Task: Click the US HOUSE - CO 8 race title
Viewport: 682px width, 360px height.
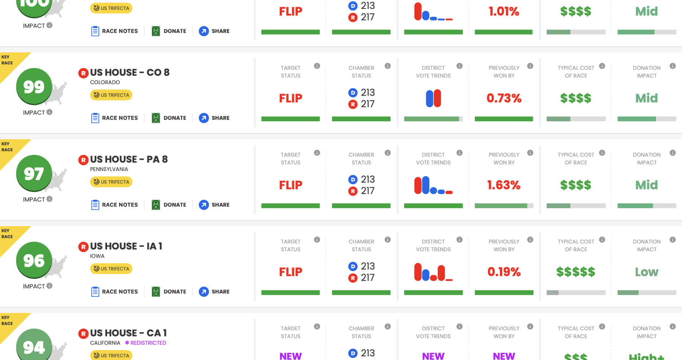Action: (130, 72)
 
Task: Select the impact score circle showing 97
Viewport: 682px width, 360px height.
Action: (34, 174)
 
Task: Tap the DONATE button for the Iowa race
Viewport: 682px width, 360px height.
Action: (169, 291)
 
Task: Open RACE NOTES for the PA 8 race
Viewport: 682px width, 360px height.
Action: (114, 205)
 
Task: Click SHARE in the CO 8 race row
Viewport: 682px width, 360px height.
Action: (214, 118)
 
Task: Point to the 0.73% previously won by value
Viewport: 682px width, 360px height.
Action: (504, 98)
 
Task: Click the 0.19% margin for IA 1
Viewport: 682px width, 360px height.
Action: (504, 272)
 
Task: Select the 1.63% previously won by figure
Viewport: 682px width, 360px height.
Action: (504, 185)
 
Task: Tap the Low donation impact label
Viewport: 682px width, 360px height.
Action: (647, 272)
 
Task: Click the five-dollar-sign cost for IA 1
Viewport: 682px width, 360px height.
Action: (576, 272)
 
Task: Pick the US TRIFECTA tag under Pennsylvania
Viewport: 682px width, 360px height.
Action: (111, 182)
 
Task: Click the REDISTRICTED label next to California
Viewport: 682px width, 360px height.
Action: (146, 343)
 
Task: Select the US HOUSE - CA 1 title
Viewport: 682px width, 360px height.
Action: (128, 333)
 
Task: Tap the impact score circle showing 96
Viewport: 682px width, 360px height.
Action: (34, 260)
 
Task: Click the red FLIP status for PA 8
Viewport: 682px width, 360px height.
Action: (291, 185)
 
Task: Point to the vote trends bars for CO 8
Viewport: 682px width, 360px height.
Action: (433, 98)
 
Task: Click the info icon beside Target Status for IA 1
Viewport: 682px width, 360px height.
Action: (317, 239)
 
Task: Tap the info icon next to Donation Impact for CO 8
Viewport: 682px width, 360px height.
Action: (673, 66)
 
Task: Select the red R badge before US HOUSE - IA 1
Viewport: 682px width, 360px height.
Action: (83, 247)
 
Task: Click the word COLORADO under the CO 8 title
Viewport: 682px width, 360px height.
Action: (105, 82)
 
